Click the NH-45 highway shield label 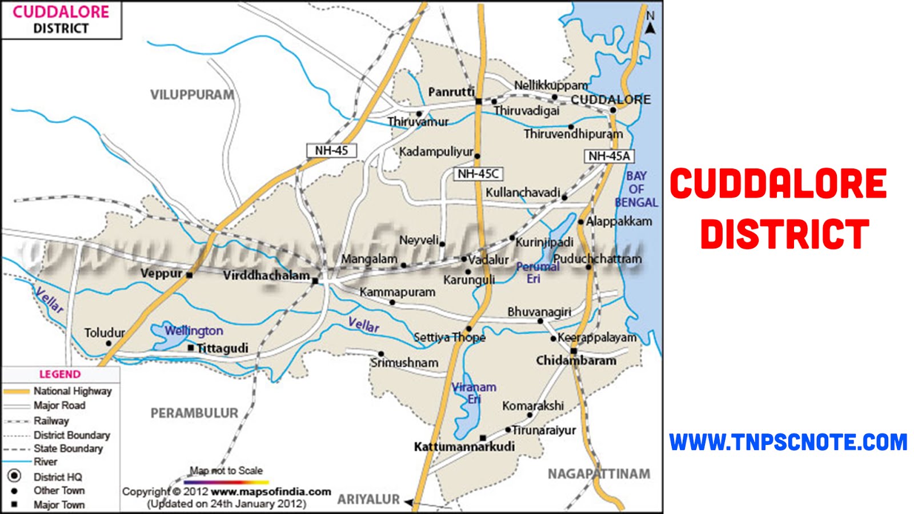tap(331, 150)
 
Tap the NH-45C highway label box tap(478, 174)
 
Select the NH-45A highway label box tap(609, 156)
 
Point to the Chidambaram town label tap(576, 360)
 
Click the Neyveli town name tap(419, 240)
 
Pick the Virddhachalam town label tap(266, 275)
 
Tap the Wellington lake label tap(194, 331)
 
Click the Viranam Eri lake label tap(474, 393)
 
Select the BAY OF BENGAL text tap(636, 189)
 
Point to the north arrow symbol tap(650, 23)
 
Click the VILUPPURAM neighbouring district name tap(192, 95)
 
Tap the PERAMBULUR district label tap(194, 413)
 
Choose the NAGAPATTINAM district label tap(599, 473)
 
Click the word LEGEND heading tap(60, 374)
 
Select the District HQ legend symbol tap(14, 476)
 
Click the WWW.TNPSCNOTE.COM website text tap(788, 442)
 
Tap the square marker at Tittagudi tap(191, 347)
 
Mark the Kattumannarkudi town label tap(464, 447)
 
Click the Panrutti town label tap(451, 92)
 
